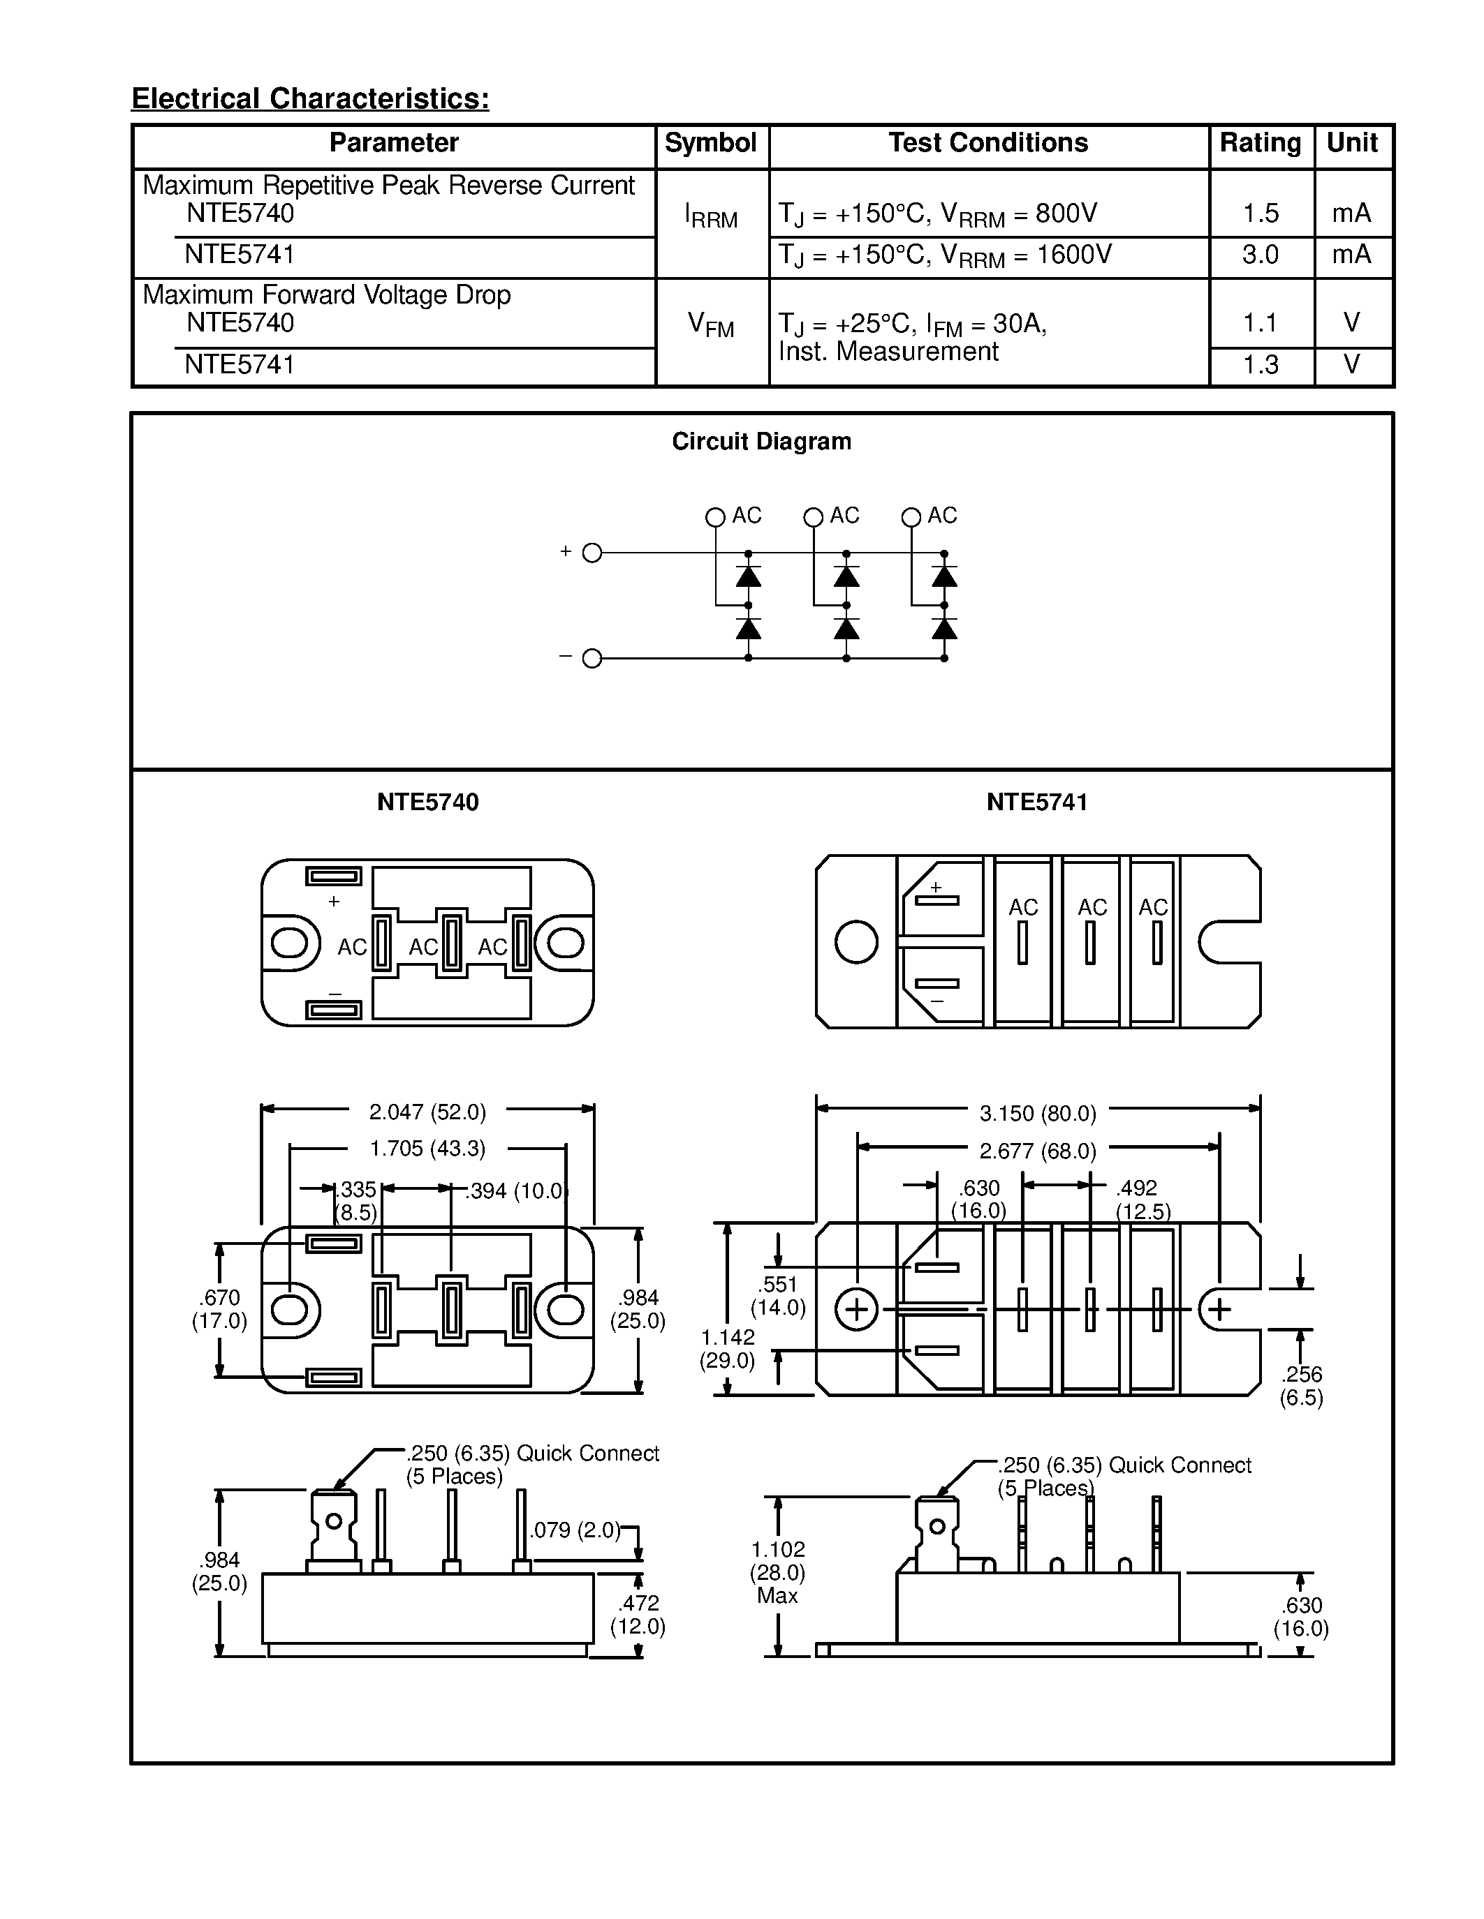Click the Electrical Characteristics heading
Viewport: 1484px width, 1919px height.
pos(310,98)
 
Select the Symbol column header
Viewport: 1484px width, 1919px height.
pos(710,143)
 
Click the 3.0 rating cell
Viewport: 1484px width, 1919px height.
pos(1260,255)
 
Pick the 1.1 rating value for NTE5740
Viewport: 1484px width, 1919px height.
pos(1260,323)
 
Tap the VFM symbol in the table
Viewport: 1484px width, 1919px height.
pos(710,326)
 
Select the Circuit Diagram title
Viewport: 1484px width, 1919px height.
pos(761,441)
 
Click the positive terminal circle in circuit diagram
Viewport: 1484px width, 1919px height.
pos(592,553)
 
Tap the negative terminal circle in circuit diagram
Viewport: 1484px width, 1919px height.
pos(592,658)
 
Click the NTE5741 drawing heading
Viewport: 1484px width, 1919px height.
pos(1036,802)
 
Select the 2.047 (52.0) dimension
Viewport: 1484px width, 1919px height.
pos(427,1112)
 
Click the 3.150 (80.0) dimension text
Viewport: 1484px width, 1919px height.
pos(1037,1113)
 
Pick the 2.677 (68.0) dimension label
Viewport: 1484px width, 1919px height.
pos(1037,1151)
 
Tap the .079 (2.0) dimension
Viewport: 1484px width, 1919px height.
pos(575,1530)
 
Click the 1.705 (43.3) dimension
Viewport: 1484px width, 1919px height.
pos(427,1149)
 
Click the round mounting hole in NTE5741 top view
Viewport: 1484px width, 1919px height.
pos(855,942)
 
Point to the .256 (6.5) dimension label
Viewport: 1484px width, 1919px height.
pos(1301,1386)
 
